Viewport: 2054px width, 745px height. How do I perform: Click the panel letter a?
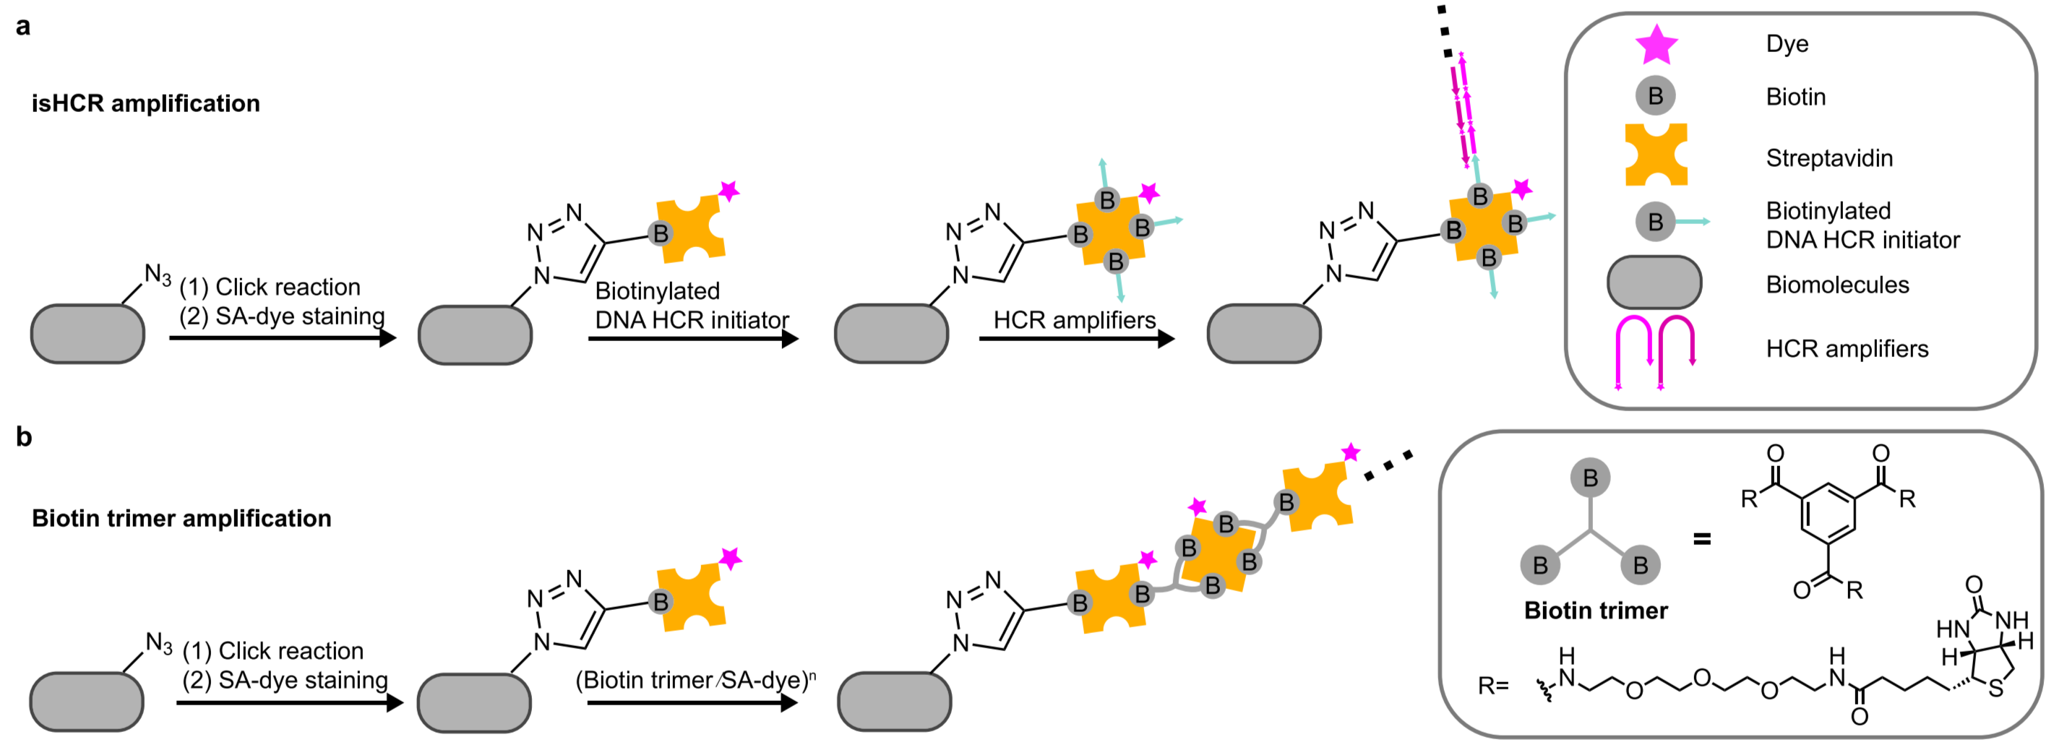coord(23,26)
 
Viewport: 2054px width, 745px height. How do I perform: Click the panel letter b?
coord(24,436)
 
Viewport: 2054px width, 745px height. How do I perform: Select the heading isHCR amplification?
coord(146,103)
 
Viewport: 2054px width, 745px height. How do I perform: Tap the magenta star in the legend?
coord(1656,45)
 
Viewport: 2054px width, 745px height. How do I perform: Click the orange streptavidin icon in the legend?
coord(1656,155)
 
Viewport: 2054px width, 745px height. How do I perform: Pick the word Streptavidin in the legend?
coord(1829,158)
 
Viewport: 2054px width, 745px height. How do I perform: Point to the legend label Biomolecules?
coord(1837,285)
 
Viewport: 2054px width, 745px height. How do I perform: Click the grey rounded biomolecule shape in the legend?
coord(1654,282)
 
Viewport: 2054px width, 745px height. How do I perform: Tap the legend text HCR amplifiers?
coord(1847,348)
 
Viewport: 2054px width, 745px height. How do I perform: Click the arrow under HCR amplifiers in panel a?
coord(1075,339)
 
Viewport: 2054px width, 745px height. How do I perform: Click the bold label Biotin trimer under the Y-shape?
coord(1596,611)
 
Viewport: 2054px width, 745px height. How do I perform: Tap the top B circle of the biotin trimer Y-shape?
coord(1591,478)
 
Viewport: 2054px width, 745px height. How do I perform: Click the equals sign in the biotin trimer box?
coord(1702,540)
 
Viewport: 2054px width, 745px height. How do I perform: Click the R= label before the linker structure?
coord(1493,686)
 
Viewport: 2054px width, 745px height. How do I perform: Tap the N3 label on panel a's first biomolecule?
coord(157,275)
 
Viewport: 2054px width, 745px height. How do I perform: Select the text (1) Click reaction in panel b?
coord(272,651)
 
